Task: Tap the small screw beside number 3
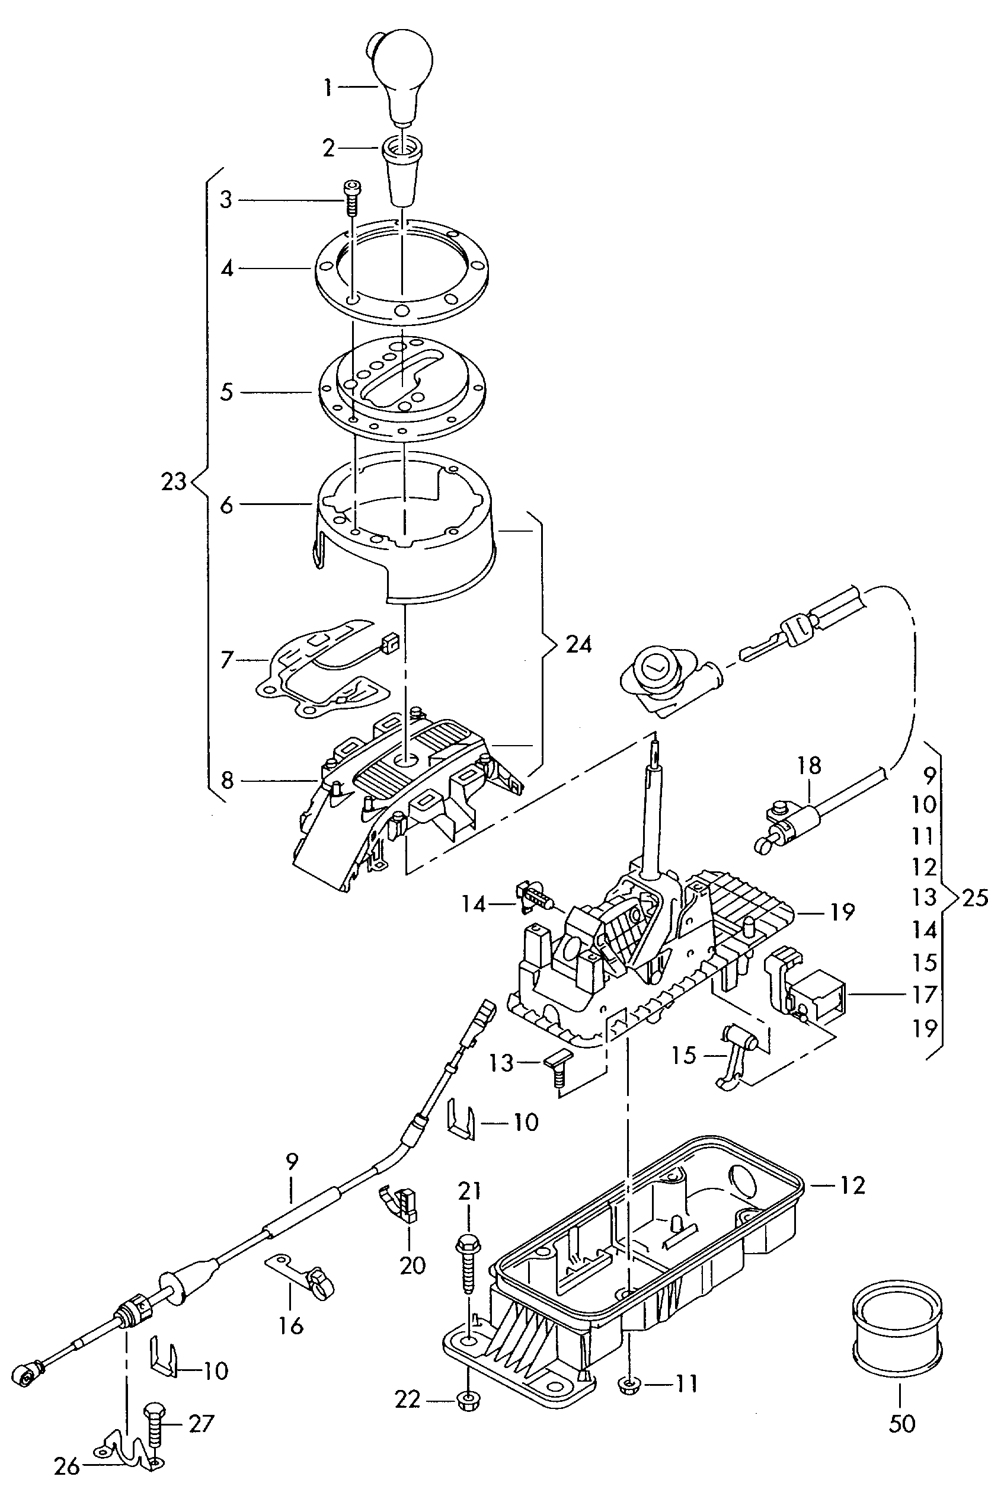(350, 197)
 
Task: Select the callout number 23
(174, 481)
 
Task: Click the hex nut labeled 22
(467, 1401)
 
